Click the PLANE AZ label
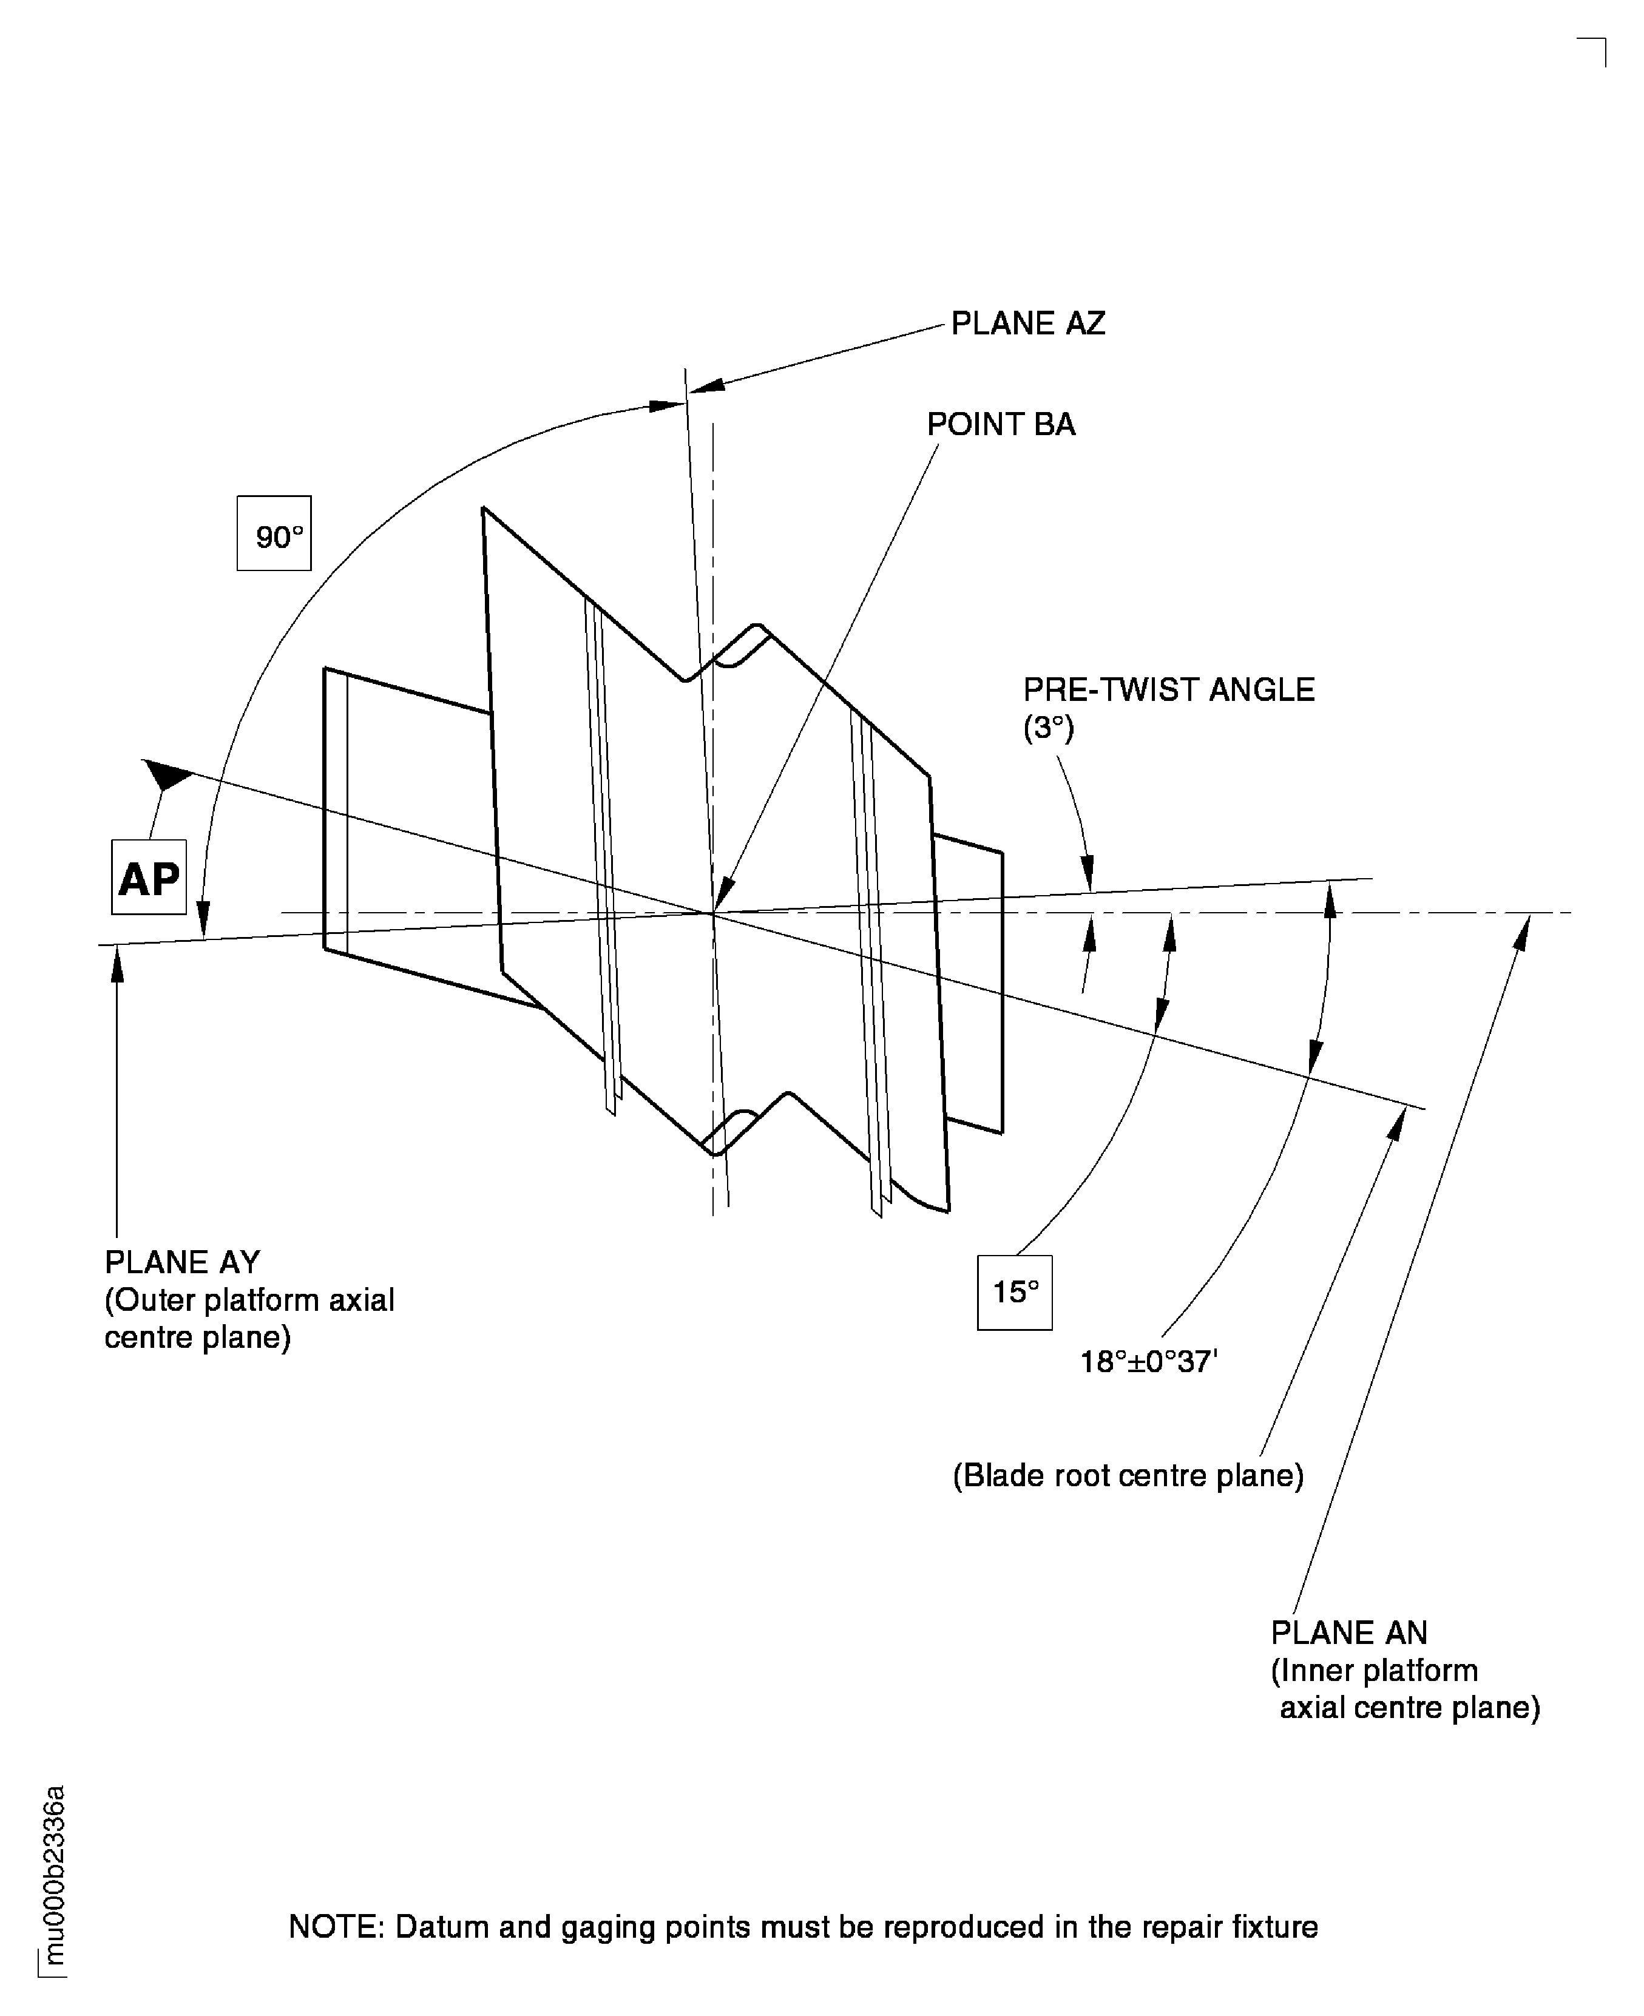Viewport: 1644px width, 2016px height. (x=1027, y=324)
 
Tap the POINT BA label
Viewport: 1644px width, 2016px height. (x=1001, y=424)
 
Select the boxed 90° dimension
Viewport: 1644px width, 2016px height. (x=274, y=533)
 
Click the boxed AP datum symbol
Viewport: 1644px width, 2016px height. (x=149, y=877)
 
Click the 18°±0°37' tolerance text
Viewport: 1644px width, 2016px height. (x=1149, y=1362)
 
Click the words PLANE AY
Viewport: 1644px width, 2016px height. (x=182, y=1262)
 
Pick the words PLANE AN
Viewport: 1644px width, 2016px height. (x=1348, y=1632)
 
